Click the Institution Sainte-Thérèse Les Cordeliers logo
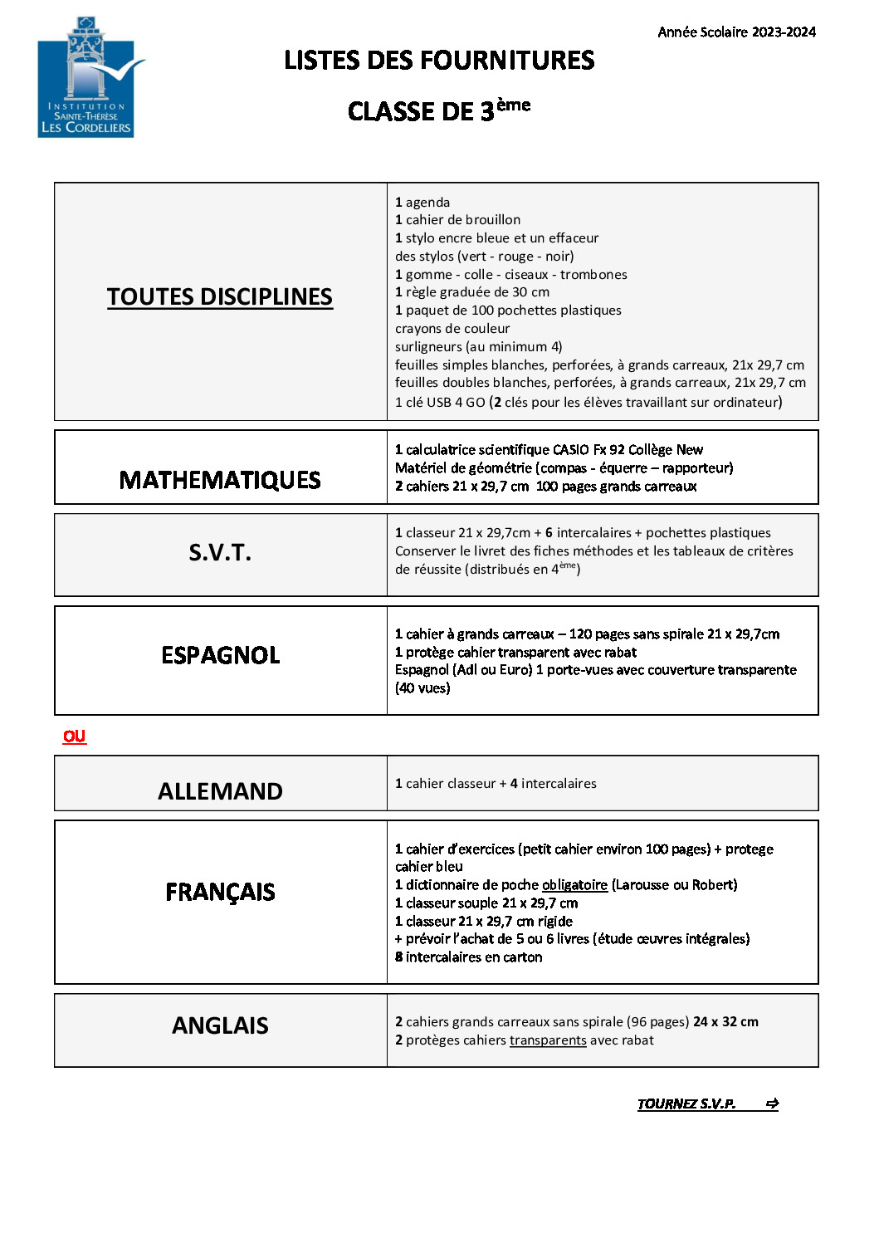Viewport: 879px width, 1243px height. pos(86,77)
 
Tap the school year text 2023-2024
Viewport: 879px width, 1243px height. pos(736,32)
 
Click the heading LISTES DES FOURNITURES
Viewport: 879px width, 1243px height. pos(439,61)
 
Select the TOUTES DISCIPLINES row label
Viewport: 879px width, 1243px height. pos(220,297)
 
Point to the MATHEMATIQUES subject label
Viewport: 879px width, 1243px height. pos(220,480)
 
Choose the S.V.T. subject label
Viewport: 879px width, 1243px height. pos(220,553)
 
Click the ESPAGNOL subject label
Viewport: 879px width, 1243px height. pos(220,655)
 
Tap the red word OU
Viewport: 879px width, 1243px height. pos(74,736)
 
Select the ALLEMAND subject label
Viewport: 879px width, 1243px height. pos(220,791)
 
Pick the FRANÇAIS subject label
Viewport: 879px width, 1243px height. pos(220,892)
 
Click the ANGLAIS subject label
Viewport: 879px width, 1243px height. pos(220,1026)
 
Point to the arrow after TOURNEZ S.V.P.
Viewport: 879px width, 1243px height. pos(772,1104)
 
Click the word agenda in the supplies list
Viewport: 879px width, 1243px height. pos(427,203)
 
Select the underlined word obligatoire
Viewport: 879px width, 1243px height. pos(574,885)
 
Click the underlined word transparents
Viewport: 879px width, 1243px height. pos(548,1040)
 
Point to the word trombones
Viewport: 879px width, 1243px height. pos(593,275)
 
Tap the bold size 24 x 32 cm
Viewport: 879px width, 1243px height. pos(725,1022)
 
